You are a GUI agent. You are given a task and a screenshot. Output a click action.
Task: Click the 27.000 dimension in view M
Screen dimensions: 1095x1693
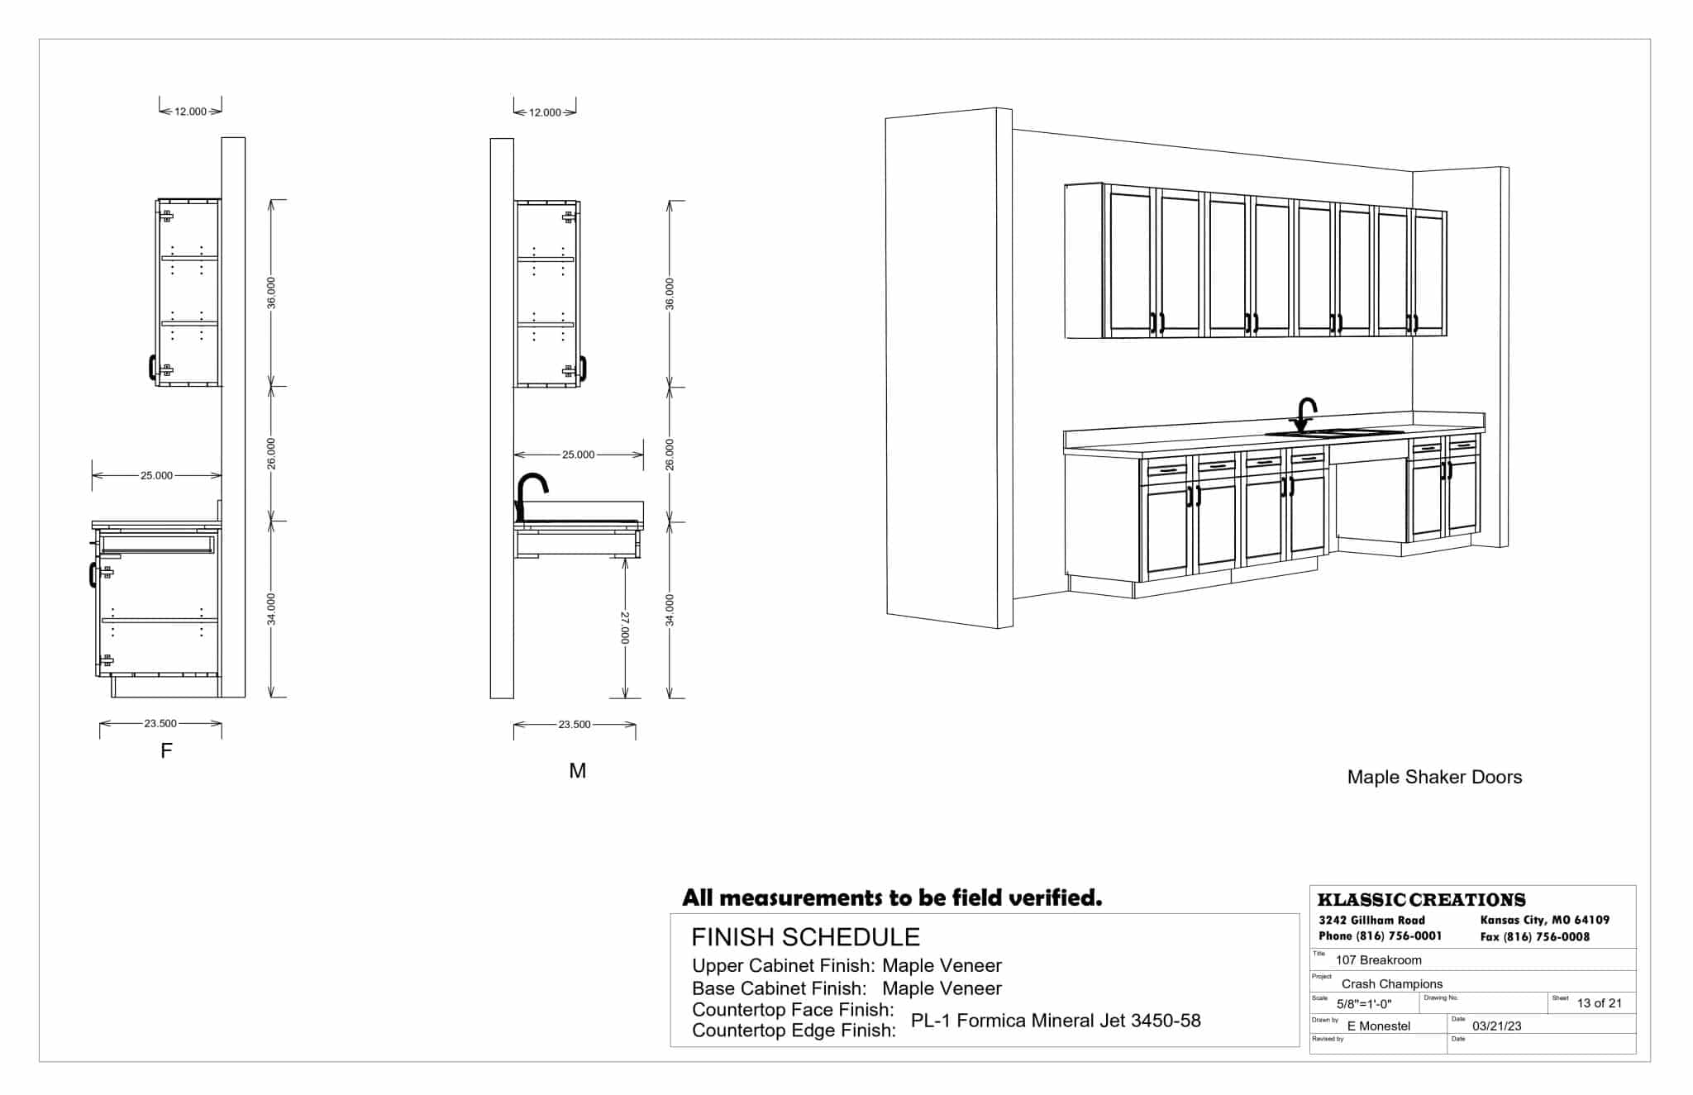(x=626, y=628)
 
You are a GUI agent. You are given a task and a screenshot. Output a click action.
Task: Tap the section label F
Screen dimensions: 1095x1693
(x=166, y=750)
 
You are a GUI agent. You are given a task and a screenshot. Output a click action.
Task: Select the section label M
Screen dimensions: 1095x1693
(x=577, y=770)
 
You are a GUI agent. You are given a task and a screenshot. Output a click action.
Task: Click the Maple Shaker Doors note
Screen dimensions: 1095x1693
(x=1434, y=777)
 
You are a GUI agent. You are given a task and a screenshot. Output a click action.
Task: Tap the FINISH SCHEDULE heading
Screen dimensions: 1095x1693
(x=805, y=936)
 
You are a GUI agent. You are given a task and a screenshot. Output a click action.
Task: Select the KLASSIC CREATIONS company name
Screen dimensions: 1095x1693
(x=1421, y=900)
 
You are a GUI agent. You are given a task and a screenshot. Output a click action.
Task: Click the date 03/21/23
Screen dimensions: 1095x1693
(x=1496, y=1026)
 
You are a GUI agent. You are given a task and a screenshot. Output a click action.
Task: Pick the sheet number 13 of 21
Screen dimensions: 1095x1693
(x=1599, y=1003)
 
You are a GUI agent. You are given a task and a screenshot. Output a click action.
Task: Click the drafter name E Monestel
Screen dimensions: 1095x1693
(x=1378, y=1026)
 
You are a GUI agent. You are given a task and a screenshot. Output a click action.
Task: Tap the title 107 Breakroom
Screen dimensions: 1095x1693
(x=1378, y=960)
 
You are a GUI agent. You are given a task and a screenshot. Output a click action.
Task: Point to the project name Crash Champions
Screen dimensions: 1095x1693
(x=1391, y=983)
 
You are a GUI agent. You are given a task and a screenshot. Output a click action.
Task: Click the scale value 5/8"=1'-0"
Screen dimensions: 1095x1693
(x=1364, y=1004)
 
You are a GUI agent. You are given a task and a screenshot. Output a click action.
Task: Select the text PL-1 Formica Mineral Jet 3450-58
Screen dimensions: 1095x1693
(x=1056, y=1021)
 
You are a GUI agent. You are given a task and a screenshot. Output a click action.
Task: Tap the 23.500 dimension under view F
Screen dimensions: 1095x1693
(x=160, y=723)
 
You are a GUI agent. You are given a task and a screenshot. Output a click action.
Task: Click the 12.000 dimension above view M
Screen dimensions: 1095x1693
(x=545, y=112)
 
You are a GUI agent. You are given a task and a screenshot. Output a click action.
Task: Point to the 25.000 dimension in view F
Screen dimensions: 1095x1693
(x=156, y=475)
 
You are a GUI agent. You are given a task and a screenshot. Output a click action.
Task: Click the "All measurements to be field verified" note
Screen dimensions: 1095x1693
(x=892, y=897)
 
